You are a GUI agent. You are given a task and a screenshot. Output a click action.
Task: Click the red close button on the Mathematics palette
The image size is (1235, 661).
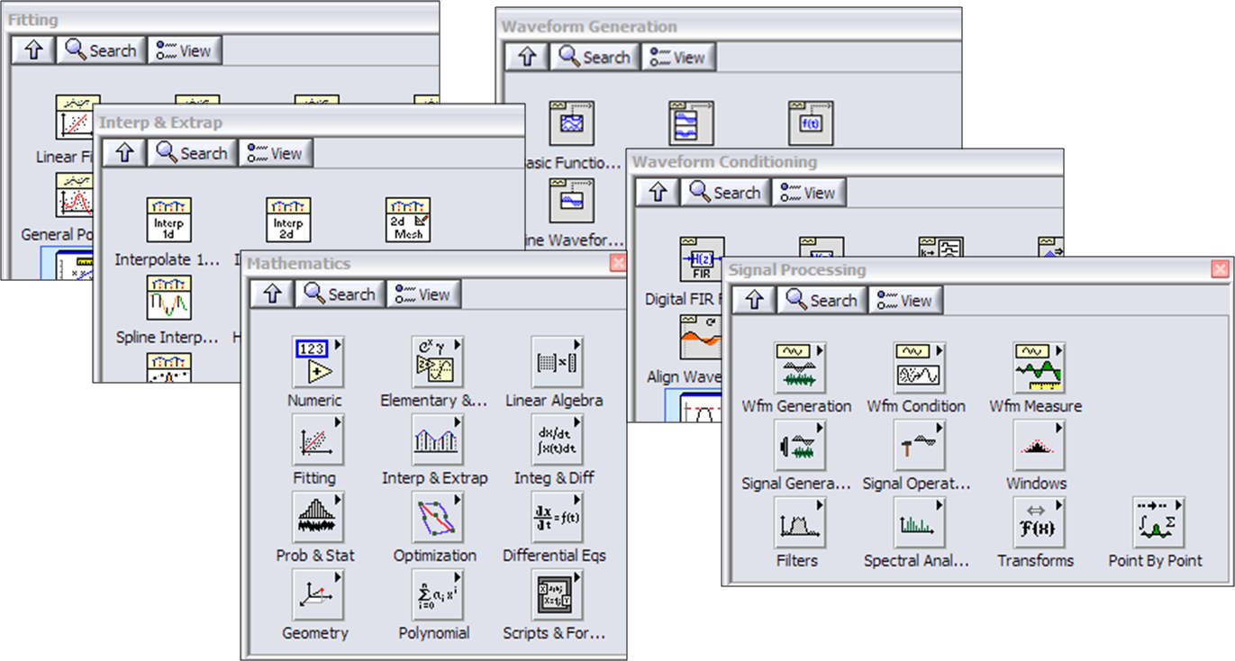pos(617,263)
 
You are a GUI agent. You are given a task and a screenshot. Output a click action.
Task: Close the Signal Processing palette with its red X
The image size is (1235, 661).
pos(1220,268)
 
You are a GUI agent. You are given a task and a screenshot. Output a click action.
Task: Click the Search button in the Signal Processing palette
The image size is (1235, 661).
pos(822,300)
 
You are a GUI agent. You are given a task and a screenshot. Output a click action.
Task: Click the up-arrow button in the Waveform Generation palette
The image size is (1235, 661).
pos(526,57)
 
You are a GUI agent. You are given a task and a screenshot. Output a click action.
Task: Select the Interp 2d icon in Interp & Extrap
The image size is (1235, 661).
pos(288,220)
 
